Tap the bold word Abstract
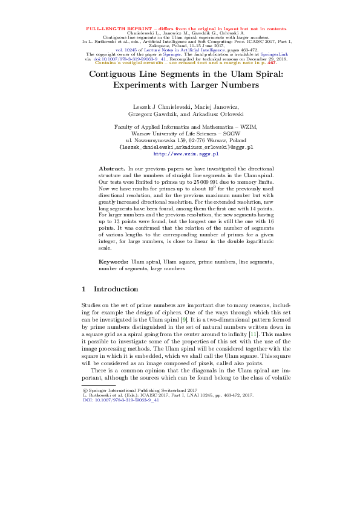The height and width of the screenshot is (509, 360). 111,167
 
